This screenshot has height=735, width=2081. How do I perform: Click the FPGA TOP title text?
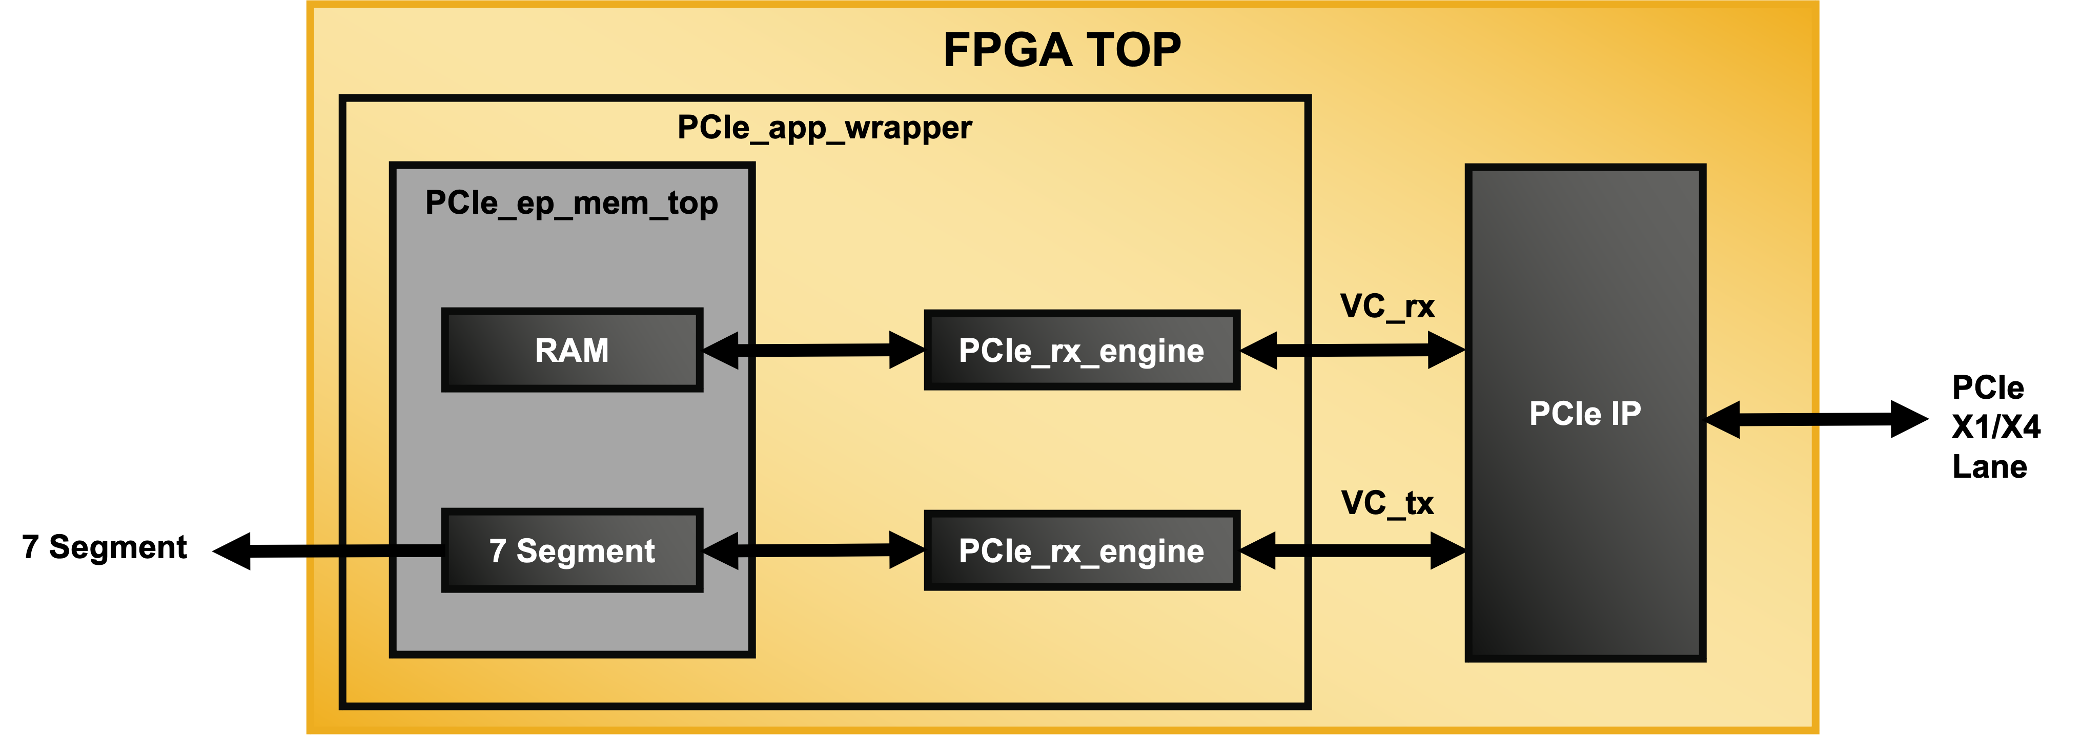[x=1062, y=50]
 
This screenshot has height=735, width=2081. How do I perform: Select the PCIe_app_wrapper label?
[x=824, y=128]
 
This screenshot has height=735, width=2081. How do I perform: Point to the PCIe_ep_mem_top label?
[x=571, y=203]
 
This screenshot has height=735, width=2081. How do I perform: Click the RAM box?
[x=572, y=350]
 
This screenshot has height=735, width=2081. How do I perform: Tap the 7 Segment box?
[x=572, y=550]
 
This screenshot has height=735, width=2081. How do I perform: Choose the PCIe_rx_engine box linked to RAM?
[x=1081, y=350]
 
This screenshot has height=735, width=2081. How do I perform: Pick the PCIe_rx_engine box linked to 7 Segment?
[x=1081, y=550]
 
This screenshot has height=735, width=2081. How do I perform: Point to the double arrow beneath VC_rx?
[x=1352, y=350]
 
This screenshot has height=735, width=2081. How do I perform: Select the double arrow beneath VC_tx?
[x=1352, y=550]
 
